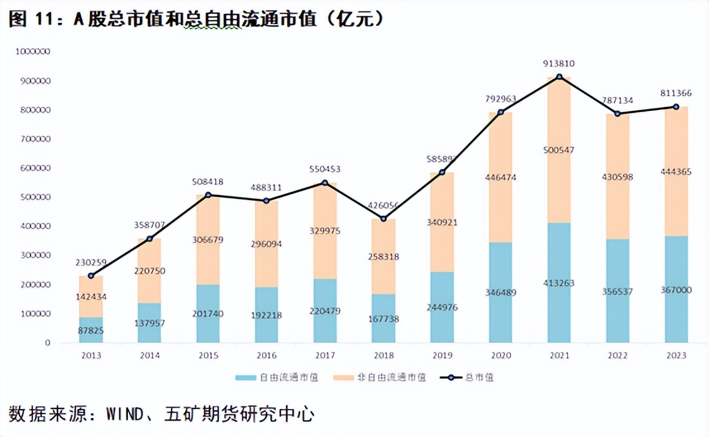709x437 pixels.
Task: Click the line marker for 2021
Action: [x=559, y=77]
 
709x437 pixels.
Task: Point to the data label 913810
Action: [x=559, y=63]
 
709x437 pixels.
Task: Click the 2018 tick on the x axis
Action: [x=383, y=355]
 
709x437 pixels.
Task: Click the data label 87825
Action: [x=91, y=330]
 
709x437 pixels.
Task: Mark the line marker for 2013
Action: [x=91, y=275]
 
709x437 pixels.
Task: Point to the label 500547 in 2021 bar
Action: [x=559, y=149]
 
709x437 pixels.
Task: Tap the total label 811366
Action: [x=676, y=93]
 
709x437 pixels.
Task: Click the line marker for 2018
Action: [x=384, y=218]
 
